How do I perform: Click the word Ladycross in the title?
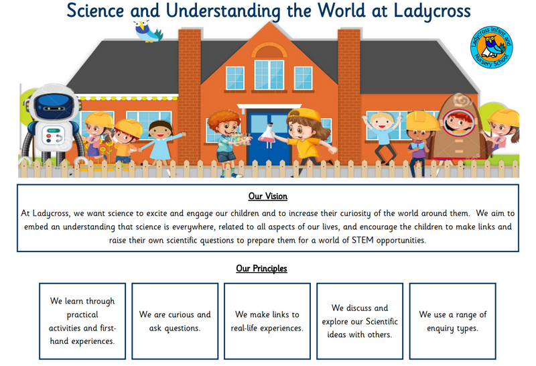coord(432,11)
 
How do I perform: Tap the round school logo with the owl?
coord(491,47)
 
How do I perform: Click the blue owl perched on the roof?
coord(147,31)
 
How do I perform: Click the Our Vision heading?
coord(267,196)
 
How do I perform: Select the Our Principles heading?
coord(261,269)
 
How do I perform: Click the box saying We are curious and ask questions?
coord(175,321)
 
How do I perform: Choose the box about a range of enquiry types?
coord(453,321)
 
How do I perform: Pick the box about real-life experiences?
coord(267,321)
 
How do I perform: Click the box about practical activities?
coord(82,321)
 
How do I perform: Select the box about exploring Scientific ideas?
coord(360,321)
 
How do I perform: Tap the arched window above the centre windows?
coord(269,51)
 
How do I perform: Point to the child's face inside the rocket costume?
coord(458,122)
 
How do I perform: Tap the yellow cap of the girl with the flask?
coord(303,115)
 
